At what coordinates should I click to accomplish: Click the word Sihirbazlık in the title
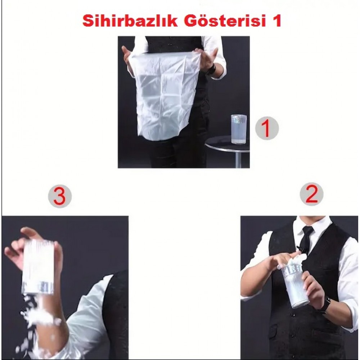[130, 21]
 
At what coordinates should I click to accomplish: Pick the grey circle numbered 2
[311, 194]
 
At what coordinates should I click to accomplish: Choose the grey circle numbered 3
[60, 196]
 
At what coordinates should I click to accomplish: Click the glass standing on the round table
[239, 129]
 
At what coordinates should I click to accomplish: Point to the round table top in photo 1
[227, 144]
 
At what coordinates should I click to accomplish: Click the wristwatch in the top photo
[211, 69]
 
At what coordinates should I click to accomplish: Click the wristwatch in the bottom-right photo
[325, 304]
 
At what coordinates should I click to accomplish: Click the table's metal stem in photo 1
[239, 160]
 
